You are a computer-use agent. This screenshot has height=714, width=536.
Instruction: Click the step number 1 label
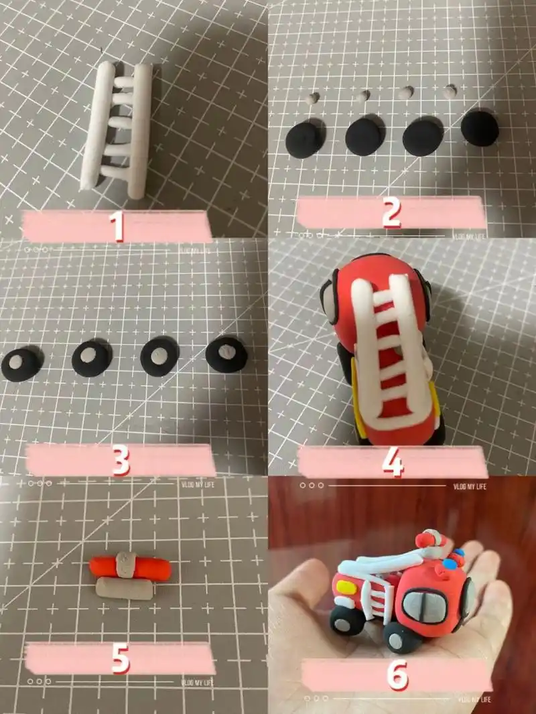(117, 226)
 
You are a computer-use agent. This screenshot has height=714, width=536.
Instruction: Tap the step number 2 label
(391, 212)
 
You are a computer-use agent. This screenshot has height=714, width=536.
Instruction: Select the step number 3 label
(120, 460)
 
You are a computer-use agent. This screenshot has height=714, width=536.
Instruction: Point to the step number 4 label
(393, 461)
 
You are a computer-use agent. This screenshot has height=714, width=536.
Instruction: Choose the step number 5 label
(120, 658)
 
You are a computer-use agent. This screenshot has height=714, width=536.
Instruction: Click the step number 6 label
(397, 675)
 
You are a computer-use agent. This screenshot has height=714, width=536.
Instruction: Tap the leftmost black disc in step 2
(304, 139)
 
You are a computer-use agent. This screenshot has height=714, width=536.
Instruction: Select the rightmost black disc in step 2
(480, 129)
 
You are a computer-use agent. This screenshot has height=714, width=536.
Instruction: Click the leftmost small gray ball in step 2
(313, 99)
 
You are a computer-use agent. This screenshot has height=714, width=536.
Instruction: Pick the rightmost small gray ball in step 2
(450, 91)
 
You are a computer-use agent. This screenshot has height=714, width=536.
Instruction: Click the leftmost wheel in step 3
(21, 364)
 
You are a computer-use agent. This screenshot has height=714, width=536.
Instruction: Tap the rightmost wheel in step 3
(226, 354)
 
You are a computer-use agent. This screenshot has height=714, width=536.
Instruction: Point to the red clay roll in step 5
(130, 567)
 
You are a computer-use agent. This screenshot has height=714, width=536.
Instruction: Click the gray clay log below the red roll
(124, 588)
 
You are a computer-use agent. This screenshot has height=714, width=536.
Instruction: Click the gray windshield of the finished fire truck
(424, 606)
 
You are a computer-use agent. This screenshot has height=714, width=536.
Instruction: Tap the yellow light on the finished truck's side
(347, 586)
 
